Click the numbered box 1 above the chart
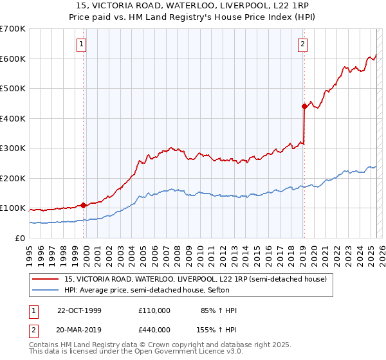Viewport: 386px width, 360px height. pyautogui.click(x=82, y=44)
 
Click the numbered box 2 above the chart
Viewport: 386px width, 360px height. pyautogui.click(x=302, y=44)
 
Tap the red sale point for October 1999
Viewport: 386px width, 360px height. pyautogui.click(x=84, y=205)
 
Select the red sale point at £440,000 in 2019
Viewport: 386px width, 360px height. pyautogui.click(x=304, y=107)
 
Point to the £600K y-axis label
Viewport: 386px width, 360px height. pyautogui.click(x=12, y=59)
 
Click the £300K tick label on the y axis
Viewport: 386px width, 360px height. pyautogui.click(x=12, y=148)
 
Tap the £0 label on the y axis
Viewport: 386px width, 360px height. pyautogui.click(x=20, y=238)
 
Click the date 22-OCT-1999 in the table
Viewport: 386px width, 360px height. pyautogui.click(x=79, y=310)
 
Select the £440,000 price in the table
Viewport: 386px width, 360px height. pyautogui.click(x=154, y=329)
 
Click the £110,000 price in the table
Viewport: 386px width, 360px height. pyautogui.click(x=154, y=310)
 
